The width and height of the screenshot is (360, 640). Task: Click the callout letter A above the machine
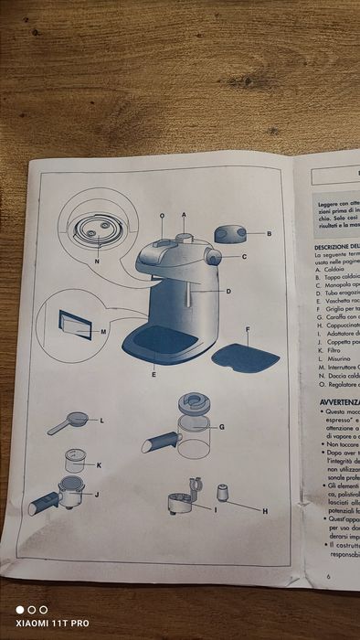point(184,215)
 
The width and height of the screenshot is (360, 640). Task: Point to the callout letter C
point(245,257)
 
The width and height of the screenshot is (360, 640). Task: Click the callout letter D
point(228,291)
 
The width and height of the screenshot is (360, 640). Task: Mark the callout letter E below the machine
point(154,375)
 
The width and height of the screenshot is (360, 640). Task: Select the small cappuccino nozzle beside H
point(222,493)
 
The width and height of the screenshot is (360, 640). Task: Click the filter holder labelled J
point(57,499)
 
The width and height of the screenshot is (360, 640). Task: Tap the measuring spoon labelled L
point(68,422)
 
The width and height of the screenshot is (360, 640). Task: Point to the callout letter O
point(162,216)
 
